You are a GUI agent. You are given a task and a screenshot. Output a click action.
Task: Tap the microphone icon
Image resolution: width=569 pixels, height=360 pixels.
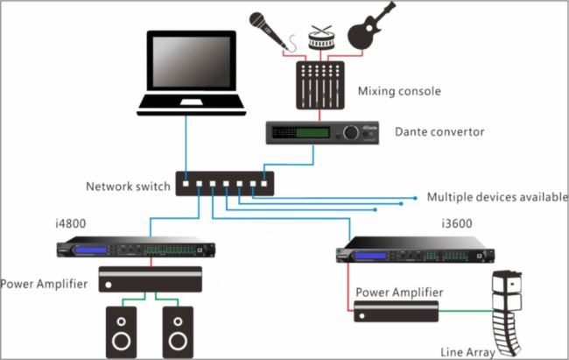tap(269, 28)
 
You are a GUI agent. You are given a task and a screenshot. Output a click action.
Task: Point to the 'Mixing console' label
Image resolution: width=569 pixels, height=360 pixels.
tap(399, 91)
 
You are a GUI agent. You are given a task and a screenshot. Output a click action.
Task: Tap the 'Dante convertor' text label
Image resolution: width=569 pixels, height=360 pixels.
tap(439, 132)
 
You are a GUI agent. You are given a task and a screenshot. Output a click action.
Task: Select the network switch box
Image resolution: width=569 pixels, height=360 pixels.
tap(225, 183)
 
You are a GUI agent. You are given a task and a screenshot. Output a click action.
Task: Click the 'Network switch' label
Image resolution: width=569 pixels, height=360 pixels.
tap(126, 186)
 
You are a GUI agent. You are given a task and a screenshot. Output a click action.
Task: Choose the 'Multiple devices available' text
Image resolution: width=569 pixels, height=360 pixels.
tap(497, 196)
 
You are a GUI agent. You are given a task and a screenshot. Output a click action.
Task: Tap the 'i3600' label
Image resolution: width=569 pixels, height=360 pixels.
tap(454, 223)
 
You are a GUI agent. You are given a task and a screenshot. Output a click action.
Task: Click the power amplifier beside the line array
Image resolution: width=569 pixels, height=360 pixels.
tap(396, 311)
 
